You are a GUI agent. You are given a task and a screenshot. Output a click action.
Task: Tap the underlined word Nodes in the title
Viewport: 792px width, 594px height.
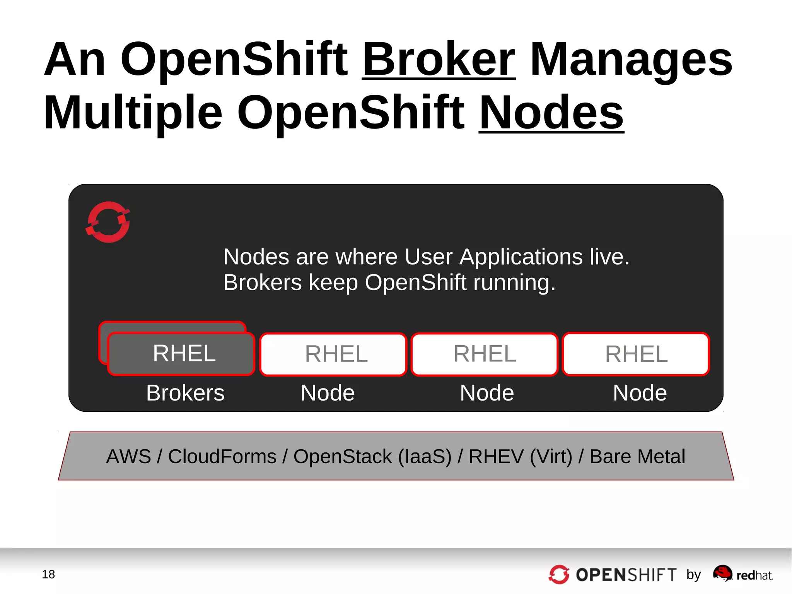(551, 113)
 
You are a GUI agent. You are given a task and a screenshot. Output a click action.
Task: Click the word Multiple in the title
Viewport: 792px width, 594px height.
(133, 113)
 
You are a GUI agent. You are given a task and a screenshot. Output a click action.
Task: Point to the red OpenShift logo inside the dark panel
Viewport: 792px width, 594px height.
(108, 222)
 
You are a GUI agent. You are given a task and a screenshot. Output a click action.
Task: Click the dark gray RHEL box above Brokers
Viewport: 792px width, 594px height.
(181, 353)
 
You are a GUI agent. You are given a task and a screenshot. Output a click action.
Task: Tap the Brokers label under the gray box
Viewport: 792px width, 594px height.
(185, 393)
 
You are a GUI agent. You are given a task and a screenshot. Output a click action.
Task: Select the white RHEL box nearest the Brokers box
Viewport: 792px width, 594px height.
(333, 354)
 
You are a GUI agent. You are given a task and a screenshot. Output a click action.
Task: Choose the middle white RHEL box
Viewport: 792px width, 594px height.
(485, 354)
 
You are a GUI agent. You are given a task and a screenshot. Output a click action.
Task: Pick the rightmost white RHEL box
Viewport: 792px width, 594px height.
(636, 354)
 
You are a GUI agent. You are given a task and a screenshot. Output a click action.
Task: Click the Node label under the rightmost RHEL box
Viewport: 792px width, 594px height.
(640, 393)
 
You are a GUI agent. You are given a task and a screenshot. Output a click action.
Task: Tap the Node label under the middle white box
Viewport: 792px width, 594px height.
(487, 393)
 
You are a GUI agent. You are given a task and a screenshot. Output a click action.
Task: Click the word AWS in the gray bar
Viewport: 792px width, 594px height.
(128, 456)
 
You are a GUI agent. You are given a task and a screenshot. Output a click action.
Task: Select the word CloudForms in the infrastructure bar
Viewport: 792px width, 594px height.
(222, 456)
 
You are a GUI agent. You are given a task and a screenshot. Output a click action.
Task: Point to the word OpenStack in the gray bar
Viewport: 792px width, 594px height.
(343, 456)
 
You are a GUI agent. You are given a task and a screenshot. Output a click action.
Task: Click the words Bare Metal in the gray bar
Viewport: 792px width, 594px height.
(637, 456)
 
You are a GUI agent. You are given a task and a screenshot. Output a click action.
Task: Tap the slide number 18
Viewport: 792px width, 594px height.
(48, 574)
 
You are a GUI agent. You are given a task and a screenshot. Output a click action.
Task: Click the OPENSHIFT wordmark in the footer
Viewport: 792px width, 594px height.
(626, 575)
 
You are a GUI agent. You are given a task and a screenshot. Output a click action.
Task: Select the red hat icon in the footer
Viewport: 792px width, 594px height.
(722, 573)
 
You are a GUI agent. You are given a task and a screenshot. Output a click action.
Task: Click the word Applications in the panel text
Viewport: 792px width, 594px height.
(521, 257)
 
